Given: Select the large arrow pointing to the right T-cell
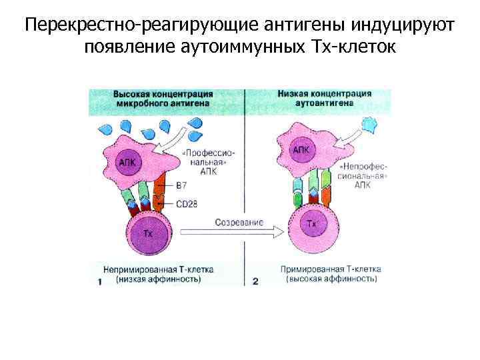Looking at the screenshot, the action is pos(247,232).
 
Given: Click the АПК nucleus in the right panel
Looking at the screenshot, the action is pos(301,151).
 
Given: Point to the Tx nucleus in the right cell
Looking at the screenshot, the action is pos(312,225).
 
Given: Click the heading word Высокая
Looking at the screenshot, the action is pos(130,94).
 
